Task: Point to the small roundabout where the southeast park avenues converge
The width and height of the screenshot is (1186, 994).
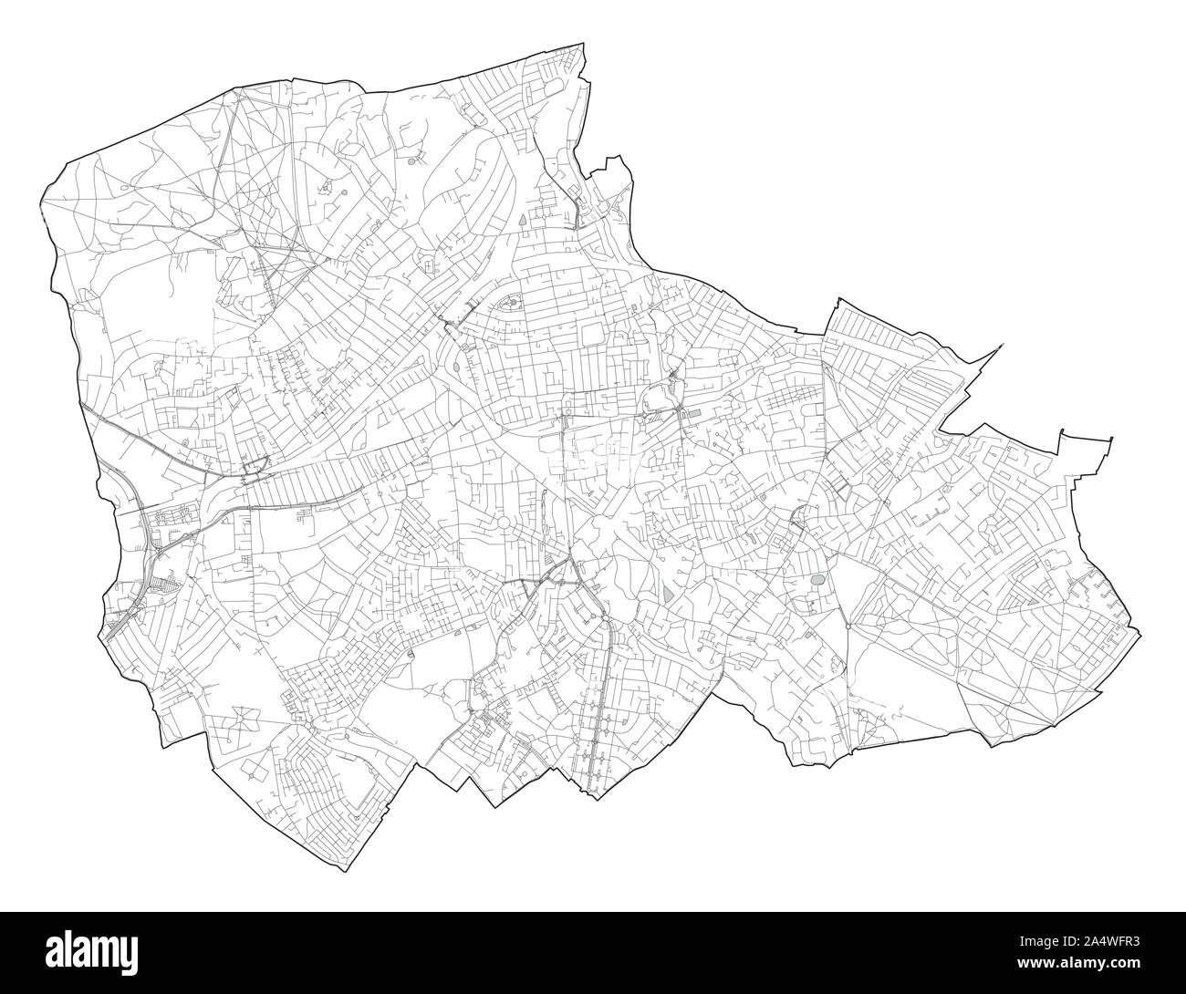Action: [848, 626]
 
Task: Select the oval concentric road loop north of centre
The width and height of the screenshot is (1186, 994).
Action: [511, 302]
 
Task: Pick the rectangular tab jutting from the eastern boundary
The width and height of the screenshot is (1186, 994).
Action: [1086, 441]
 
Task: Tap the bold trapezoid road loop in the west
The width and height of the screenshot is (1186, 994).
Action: [257, 469]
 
